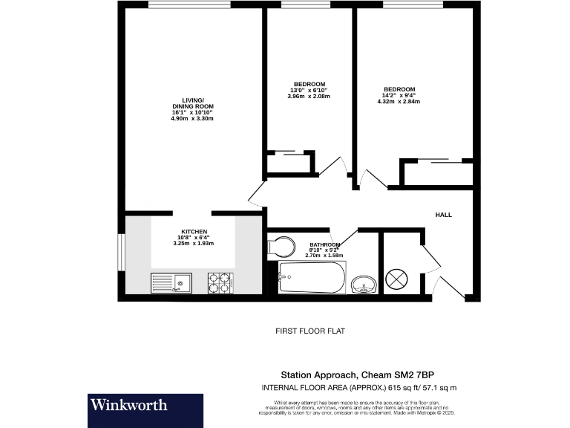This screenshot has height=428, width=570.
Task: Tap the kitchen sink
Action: [172, 282]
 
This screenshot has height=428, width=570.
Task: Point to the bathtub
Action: [311, 279]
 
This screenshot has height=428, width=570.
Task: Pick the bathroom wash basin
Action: [363, 283]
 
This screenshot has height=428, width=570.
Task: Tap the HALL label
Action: [443, 215]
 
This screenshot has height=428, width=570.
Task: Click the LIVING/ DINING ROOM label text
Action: [192, 103]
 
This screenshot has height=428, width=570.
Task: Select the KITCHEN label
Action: [194, 232]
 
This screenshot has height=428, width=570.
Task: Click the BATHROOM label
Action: [326, 244]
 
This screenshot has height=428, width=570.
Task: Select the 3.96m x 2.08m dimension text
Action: [308, 97]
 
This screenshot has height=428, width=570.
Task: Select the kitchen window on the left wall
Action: [121, 253]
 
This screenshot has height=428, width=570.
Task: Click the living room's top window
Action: [189, 5]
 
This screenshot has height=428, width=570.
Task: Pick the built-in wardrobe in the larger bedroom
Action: [437, 173]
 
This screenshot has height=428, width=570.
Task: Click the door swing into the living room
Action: [256, 195]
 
